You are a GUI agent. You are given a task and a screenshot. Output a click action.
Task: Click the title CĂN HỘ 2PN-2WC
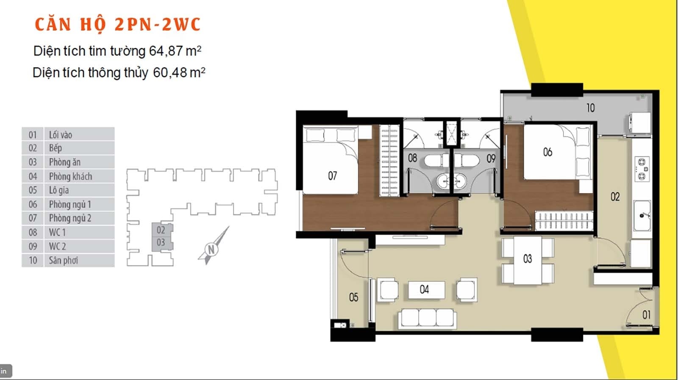(117, 25)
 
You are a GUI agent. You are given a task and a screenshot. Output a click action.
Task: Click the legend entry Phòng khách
(70, 176)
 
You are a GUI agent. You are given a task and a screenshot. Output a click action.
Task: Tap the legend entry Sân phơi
(64, 261)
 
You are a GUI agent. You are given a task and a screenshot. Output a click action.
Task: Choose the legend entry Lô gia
(59, 190)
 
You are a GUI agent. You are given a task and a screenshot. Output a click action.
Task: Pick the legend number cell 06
(33, 205)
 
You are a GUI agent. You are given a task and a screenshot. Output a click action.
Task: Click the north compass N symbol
(211, 250)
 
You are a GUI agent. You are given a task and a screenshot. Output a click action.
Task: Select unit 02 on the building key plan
(161, 230)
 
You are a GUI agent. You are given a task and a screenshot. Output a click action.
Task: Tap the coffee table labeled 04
(425, 290)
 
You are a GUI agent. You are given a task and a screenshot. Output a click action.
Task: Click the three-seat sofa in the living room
(427, 318)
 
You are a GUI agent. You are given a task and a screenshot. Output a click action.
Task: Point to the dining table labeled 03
(528, 259)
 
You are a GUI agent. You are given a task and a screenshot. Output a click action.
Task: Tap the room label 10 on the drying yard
(591, 108)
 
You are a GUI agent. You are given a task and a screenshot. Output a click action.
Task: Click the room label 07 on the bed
(333, 176)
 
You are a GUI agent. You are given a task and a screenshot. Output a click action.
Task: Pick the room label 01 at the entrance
(647, 315)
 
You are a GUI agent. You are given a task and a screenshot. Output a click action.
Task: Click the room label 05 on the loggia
(353, 297)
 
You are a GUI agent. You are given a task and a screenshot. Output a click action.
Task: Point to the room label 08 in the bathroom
(412, 158)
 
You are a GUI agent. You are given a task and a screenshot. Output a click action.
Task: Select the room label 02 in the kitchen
(615, 197)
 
